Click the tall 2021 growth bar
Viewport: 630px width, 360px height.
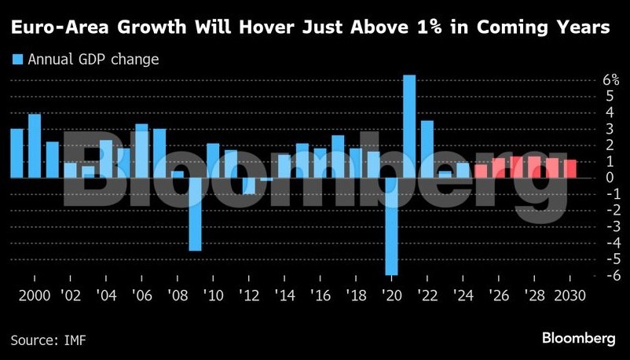click(x=409, y=126)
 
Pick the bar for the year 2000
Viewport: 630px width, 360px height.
click(x=16, y=153)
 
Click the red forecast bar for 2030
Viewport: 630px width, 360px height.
click(x=570, y=169)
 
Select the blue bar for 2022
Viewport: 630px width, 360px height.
click(x=427, y=149)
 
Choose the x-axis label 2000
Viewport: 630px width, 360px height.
click(x=16, y=298)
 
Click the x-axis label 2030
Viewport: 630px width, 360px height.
click(x=570, y=298)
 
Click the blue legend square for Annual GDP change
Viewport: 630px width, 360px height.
click(x=17, y=59)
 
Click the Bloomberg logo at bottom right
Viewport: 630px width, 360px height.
click(x=578, y=338)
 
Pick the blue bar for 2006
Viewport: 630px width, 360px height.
click(x=141, y=151)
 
